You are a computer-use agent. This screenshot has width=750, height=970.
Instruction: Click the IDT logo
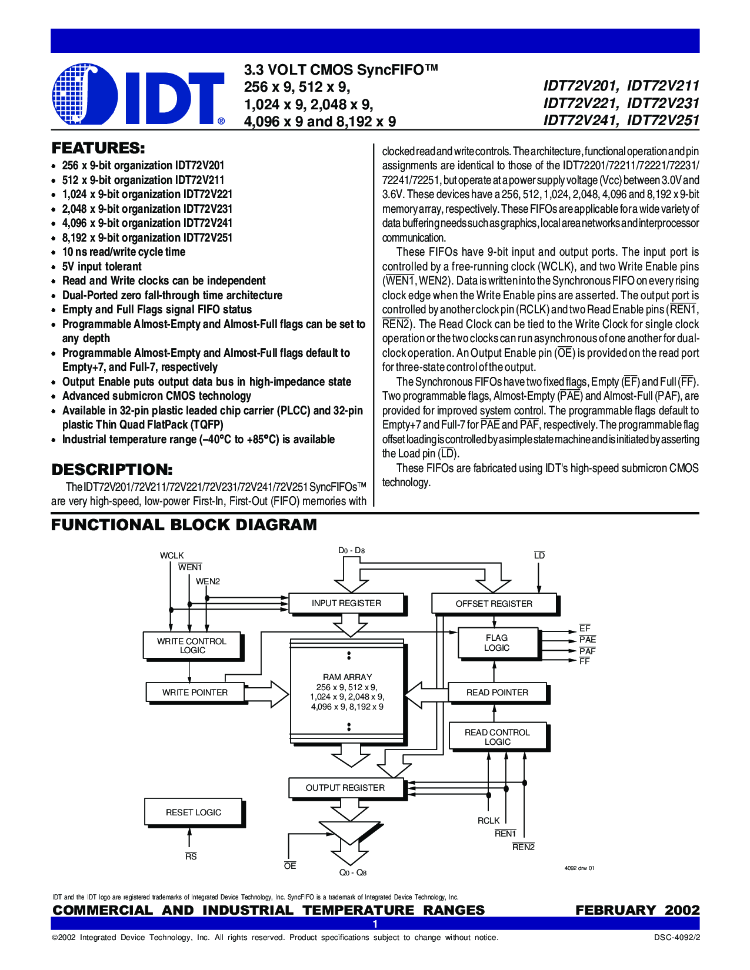138,95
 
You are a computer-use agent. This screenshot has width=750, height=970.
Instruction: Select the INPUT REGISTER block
346,603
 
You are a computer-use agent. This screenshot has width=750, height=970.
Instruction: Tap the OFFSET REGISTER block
494,604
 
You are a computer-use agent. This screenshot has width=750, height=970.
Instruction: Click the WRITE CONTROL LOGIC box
192,645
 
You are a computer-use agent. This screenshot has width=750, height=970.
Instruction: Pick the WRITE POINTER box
195,693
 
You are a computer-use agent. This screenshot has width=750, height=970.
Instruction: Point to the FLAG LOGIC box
497,643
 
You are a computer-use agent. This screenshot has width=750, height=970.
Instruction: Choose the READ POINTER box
497,693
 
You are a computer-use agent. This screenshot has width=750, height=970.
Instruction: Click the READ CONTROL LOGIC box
497,737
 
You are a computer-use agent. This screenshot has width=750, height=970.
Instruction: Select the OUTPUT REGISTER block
345,788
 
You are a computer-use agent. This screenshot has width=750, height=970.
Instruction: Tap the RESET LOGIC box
194,812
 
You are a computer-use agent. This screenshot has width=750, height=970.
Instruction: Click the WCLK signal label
172,556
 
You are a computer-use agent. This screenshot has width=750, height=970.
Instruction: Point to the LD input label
539,556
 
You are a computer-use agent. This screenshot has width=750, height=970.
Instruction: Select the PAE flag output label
587,640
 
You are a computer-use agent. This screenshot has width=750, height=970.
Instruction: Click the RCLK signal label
488,821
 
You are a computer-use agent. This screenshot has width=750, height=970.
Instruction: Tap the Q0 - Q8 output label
353,873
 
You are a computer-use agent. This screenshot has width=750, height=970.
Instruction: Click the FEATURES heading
98,148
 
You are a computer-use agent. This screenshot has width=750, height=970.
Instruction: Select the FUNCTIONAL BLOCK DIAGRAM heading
184,525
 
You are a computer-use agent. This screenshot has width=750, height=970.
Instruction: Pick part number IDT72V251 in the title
663,121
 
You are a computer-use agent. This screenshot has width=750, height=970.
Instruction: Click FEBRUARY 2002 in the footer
638,910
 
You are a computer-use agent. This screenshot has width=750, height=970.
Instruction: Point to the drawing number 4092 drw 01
579,868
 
